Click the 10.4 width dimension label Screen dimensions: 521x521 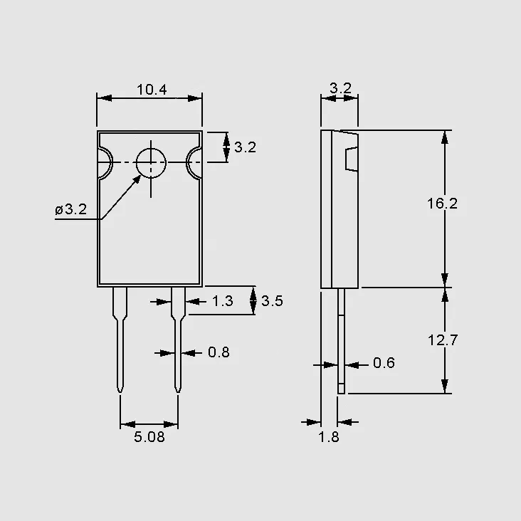[152, 90]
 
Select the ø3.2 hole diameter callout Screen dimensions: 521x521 [70, 209]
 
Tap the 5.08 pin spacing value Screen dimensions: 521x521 [149, 437]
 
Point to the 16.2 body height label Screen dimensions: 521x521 [442, 204]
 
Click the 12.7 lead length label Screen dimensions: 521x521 [443, 340]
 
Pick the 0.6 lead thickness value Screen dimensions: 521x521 [384, 363]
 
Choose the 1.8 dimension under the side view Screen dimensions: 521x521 [329, 437]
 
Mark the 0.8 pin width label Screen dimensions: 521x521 [219, 352]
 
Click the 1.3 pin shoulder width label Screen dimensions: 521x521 [223, 301]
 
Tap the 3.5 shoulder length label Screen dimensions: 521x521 [272, 301]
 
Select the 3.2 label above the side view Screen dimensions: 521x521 [341, 88]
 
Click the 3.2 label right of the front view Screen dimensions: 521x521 [246, 147]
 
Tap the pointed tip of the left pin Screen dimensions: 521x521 [120, 392]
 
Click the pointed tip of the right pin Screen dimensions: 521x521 [178, 392]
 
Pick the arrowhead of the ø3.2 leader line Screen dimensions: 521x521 [137, 179]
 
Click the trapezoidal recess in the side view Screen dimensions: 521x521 [352, 159]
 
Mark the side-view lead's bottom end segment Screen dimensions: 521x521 [341, 389]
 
